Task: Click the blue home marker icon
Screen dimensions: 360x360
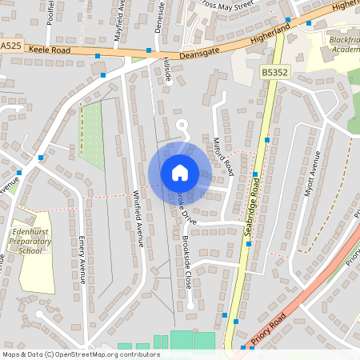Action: tap(179, 173)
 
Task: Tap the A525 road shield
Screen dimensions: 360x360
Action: tap(10, 46)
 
